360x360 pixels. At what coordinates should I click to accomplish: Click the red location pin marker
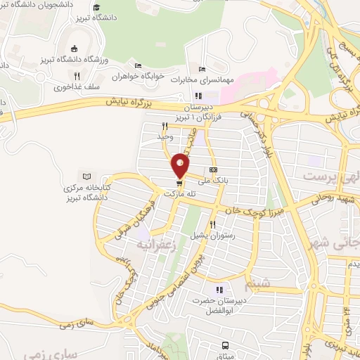(181, 165)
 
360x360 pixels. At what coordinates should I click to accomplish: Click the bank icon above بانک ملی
(213, 169)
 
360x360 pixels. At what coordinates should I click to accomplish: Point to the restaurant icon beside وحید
(164, 126)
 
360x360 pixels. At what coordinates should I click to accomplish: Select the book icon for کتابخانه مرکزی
(87, 176)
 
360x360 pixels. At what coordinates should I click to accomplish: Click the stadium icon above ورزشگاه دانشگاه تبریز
(75, 49)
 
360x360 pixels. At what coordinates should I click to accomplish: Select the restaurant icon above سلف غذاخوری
(77, 75)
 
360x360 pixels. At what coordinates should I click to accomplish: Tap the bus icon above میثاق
(225, 345)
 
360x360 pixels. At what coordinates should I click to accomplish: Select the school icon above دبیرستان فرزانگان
(198, 96)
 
